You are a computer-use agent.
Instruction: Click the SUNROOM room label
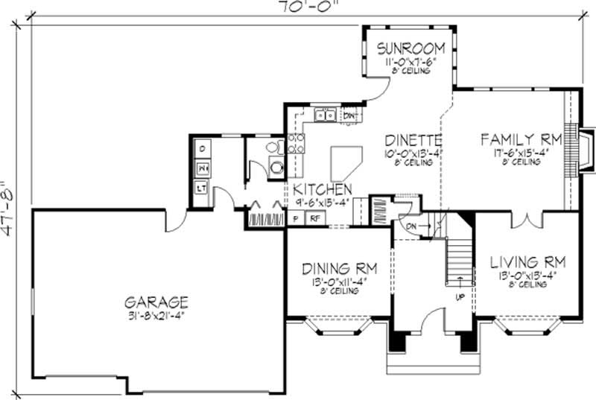pyautogui.click(x=410, y=48)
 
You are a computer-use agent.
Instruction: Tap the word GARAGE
pyautogui.click(x=156, y=302)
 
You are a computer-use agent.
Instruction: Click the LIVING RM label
pyautogui.click(x=527, y=262)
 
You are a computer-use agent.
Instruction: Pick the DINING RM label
pyautogui.click(x=339, y=268)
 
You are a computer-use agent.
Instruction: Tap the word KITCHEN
pyautogui.click(x=322, y=190)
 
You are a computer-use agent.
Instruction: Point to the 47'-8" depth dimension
pyautogui.click(x=9, y=208)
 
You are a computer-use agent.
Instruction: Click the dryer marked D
pyautogui.click(x=202, y=150)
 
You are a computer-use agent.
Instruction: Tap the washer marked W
pyautogui.click(x=202, y=170)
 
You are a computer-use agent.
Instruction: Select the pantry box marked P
pyautogui.click(x=295, y=219)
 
